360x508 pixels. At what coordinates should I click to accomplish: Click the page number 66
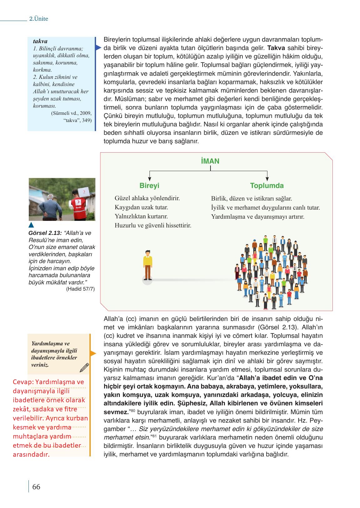pos(36,487)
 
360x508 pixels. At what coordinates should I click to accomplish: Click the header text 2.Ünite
pos(38,19)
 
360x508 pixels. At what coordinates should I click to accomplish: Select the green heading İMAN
pos(210,161)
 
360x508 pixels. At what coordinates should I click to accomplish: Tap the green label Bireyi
pos(149,185)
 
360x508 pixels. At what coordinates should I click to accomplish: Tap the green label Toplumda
pos(267,185)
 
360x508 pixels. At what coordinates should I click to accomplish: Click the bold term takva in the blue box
pos(40,41)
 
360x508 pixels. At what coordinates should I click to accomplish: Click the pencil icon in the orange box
pos(84,368)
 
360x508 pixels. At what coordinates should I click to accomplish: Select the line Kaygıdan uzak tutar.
pos(141,207)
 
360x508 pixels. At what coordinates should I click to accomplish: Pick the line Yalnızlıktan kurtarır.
pos(141,216)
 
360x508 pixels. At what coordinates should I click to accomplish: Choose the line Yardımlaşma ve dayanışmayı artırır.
pos(257,216)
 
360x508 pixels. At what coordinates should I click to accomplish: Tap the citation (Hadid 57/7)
pos(80,289)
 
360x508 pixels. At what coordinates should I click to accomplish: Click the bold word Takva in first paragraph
pos(276,48)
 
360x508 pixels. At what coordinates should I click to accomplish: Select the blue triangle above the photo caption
pos(31,225)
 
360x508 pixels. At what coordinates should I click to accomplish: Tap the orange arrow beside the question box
pos(93,353)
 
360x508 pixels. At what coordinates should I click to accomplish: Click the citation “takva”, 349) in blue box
pos(77,120)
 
